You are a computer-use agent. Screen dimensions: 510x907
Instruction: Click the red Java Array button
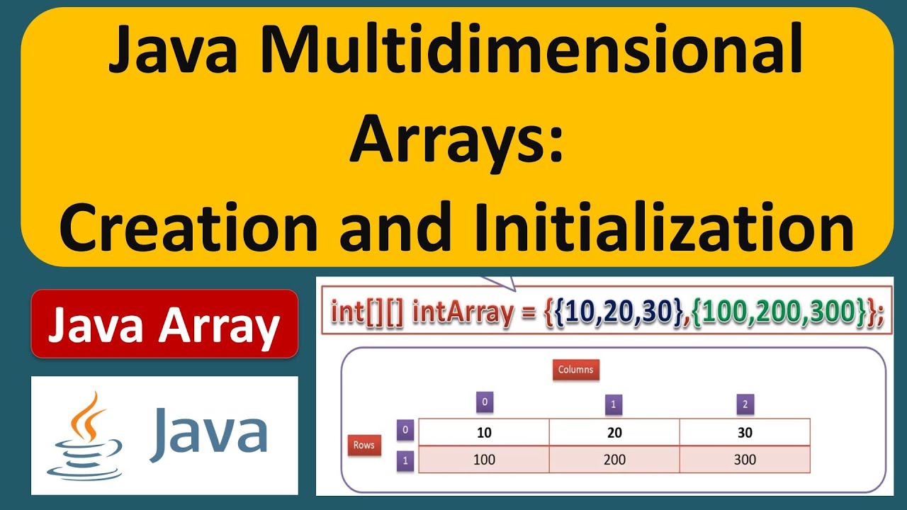[x=164, y=324]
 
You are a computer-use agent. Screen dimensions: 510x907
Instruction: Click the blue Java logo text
[x=208, y=431]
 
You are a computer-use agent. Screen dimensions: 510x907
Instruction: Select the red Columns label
[x=575, y=369]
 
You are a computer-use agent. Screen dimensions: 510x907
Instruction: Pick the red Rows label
[x=364, y=445]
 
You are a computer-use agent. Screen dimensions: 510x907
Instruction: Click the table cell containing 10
[x=484, y=432]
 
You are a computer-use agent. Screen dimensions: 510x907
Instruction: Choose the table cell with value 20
[x=614, y=432]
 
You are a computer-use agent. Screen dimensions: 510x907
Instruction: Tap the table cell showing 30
[x=745, y=432]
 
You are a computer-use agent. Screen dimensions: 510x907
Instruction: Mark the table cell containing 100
[x=484, y=460]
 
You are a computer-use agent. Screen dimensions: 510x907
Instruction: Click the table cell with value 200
[x=614, y=460]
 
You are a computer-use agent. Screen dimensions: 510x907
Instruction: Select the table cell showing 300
[x=745, y=460]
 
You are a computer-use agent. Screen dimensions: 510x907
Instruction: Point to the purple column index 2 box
[x=744, y=404]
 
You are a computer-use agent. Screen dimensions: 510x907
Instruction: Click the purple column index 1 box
[x=614, y=404]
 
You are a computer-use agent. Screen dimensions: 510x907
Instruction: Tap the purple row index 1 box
[x=405, y=460]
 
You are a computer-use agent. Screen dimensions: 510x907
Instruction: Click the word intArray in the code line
[x=462, y=312]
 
